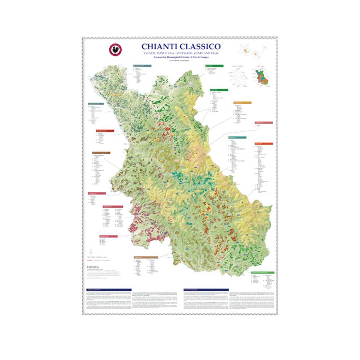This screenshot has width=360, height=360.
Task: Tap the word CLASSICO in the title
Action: coord(201,47)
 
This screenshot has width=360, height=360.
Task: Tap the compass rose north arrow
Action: coord(91,249)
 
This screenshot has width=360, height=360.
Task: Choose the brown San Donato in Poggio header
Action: coord(100,153)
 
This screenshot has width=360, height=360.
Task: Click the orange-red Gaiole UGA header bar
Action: coord(263,144)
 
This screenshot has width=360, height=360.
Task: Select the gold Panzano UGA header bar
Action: coord(242,103)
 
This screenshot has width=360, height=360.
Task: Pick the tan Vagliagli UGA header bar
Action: coord(145,257)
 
